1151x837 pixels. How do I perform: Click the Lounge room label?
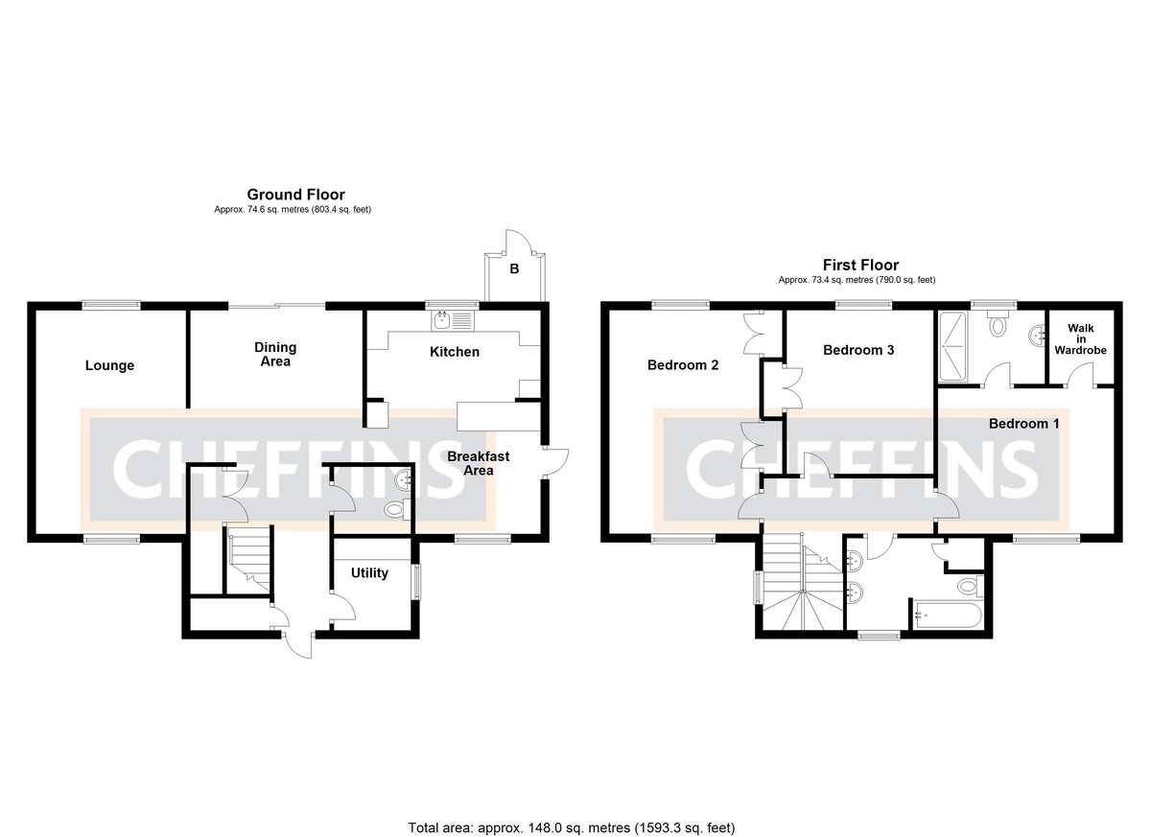tap(109, 365)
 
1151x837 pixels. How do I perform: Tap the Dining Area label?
tap(275, 354)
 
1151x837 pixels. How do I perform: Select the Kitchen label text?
tap(454, 352)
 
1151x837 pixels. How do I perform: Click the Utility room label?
tap(369, 573)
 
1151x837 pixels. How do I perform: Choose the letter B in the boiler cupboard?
tap(514, 269)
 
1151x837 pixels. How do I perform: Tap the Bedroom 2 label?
tap(683, 365)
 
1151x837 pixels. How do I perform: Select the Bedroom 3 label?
tap(858, 350)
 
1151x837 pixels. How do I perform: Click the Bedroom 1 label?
tap(1024, 423)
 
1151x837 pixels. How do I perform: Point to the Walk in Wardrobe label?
tap(1080, 339)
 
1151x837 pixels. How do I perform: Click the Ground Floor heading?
tap(295, 195)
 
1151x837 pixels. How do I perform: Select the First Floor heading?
tap(860, 266)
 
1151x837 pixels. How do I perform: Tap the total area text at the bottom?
tap(572, 826)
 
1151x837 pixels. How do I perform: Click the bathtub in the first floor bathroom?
tap(948, 616)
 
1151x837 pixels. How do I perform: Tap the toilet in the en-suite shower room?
tap(998, 326)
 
